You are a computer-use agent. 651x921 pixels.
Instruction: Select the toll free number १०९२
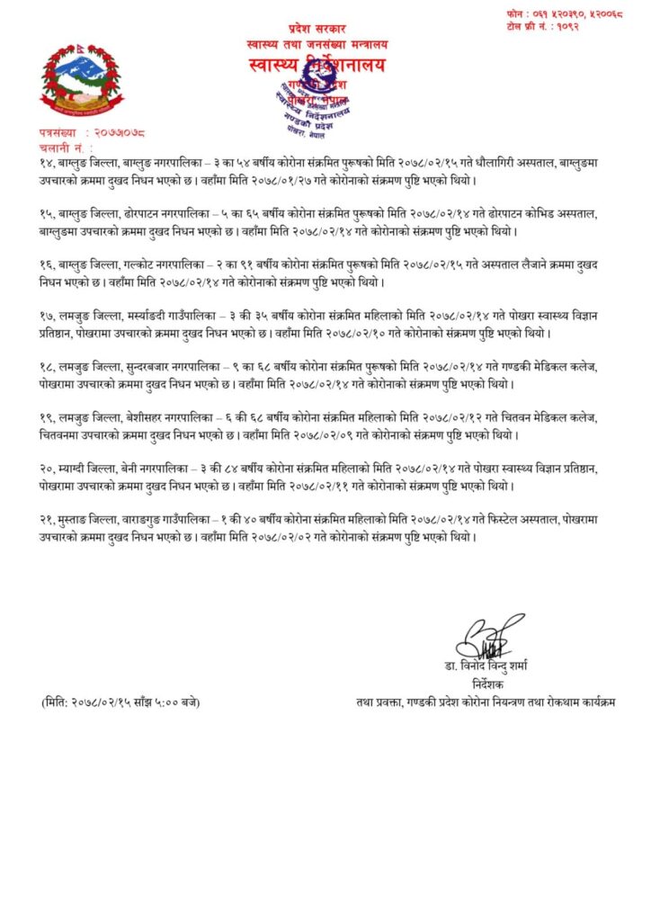click(595, 29)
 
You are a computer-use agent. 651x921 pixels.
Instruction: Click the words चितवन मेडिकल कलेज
click(557, 419)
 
